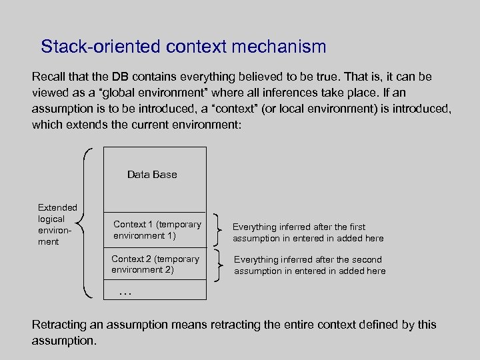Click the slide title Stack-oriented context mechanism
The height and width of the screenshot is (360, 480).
[x=183, y=47]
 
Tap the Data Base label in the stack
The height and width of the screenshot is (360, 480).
[x=152, y=175]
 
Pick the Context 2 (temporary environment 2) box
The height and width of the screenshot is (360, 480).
[x=155, y=264]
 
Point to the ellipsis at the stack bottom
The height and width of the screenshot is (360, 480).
[x=125, y=291]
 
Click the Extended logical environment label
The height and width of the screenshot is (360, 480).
[x=57, y=225]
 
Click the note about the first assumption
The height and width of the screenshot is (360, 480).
[x=308, y=233]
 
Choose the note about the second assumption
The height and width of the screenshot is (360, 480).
[x=309, y=265]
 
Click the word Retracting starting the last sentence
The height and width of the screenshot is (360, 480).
[x=62, y=325]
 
